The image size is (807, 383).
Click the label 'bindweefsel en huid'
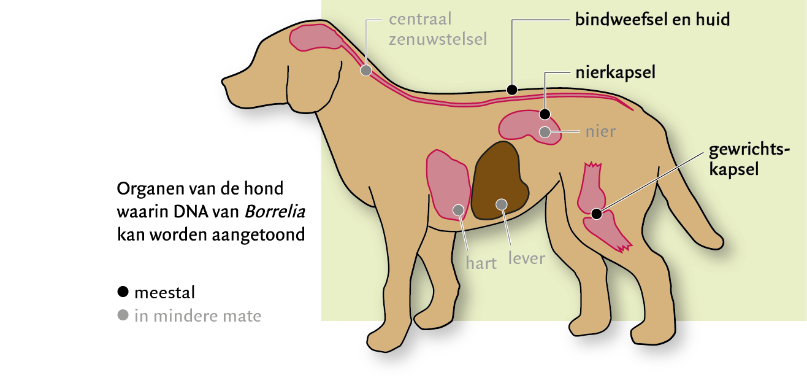[652, 20]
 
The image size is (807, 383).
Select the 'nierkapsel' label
[615, 72]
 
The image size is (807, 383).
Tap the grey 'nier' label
[600, 131]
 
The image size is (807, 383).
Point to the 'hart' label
[481, 264]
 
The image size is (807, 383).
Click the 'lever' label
[526, 258]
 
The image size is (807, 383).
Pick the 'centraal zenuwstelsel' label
[438, 29]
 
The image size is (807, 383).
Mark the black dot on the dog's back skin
[512, 90]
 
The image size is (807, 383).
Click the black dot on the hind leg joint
[596, 214]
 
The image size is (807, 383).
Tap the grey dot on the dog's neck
[365, 71]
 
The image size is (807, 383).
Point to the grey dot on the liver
[502, 204]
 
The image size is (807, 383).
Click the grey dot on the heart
[457, 210]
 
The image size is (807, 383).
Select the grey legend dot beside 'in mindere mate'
[123, 316]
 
